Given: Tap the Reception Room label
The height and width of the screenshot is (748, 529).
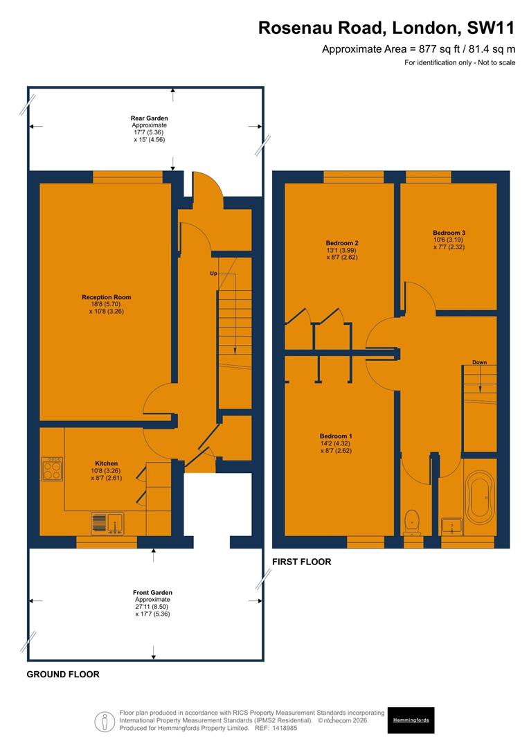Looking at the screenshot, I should coord(106,297).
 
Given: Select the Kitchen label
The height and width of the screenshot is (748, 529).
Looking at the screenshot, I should coord(106,463).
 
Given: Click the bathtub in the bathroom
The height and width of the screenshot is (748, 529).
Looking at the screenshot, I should coord(481,497).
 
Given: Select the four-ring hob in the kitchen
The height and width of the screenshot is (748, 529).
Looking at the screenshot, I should coord(53,469).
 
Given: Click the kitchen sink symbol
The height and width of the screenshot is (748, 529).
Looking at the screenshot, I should coord(107,524).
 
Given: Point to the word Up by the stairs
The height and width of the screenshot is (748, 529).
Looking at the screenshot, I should coord(214,274).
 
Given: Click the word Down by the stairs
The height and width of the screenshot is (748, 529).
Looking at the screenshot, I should coord(480,362).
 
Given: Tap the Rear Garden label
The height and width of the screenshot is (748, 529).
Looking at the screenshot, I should coord(149,118).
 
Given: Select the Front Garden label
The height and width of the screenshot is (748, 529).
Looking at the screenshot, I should coord(152,592).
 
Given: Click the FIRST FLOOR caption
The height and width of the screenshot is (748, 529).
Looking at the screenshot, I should coord(301,562).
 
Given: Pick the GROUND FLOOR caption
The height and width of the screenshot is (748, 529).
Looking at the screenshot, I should coord(63,674).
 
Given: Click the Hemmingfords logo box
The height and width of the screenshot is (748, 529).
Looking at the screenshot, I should coord(411,720).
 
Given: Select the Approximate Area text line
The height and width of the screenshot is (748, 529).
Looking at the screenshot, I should coord(418,49).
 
